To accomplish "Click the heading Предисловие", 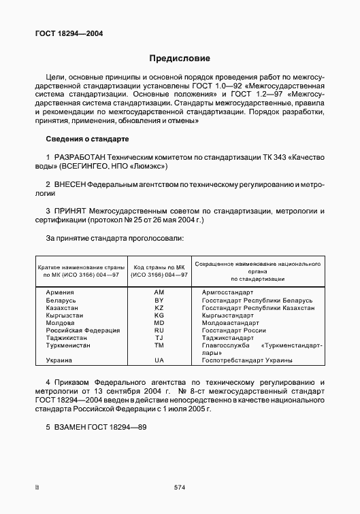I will click(x=180, y=58).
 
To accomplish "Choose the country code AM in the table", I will click(x=160, y=292).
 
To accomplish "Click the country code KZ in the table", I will click(x=160, y=308).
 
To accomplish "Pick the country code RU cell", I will click(x=160, y=329).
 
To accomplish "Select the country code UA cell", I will click(x=160, y=360).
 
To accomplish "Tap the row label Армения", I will click(x=61, y=292).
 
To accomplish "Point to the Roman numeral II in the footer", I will click(x=37, y=487).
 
